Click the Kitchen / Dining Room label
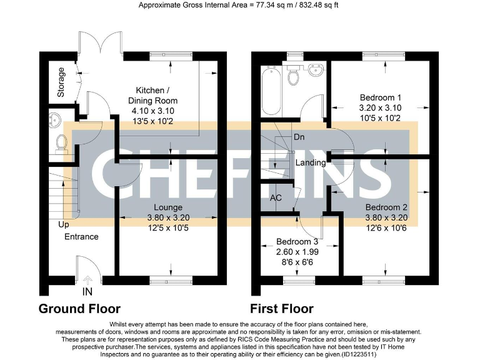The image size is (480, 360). (152, 96)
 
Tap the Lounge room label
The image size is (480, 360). (168, 207)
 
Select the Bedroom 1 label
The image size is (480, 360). (381, 97)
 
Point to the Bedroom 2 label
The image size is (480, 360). (386, 207)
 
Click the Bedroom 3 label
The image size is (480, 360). (297, 242)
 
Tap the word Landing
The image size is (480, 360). (311, 162)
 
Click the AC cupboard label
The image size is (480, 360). (276, 197)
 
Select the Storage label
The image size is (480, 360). (61, 82)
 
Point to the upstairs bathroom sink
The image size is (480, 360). (316, 69)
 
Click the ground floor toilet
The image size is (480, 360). (61, 143)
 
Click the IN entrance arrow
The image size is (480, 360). (87, 281)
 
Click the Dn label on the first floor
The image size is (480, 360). (299, 136)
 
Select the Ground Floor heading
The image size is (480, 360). (79, 309)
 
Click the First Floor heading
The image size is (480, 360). (282, 309)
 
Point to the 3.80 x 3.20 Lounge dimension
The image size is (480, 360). (168, 217)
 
